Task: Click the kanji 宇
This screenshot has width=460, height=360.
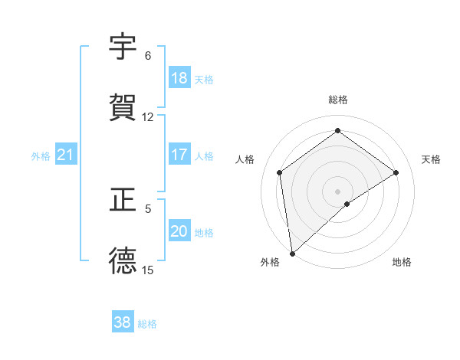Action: pos(123,48)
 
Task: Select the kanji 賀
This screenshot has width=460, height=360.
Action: pos(123,108)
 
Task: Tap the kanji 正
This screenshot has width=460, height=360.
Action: pos(123,201)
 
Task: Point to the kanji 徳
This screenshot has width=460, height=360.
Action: pos(123,261)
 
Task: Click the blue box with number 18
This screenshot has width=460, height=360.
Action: pos(179,78)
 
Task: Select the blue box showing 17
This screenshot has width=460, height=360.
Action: pos(179,155)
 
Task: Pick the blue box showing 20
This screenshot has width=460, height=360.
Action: pos(179,232)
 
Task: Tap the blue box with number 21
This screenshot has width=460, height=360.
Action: pos(66,155)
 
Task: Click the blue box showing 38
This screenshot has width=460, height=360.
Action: pos(123,322)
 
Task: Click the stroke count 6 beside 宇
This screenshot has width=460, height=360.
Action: pos(148,56)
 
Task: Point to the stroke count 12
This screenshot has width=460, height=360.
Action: pos(148,117)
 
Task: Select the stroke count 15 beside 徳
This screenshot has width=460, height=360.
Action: pos(148,270)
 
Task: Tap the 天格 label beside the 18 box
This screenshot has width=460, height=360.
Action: pos(204,79)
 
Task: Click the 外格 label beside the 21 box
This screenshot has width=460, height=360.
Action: pos(41,156)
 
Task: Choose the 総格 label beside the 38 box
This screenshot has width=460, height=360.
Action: pos(147,323)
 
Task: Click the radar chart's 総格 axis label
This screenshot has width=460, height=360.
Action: pos(338,100)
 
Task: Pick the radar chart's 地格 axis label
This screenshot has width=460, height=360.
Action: pos(402,262)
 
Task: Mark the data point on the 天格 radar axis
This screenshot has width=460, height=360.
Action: pos(396,172)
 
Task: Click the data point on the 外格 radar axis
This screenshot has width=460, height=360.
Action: pos(292,253)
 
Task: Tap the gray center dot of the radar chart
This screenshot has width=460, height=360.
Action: pos(338,191)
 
